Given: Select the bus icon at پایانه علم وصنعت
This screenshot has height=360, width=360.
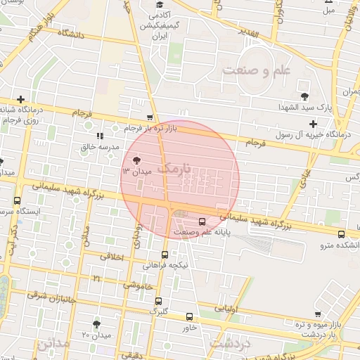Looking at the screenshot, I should click(202, 221).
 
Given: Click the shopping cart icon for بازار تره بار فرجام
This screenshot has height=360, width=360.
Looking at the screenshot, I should click(149, 118).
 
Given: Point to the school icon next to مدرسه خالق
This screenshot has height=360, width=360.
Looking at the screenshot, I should click(99, 135).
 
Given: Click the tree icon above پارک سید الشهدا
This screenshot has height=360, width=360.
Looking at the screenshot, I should click(304, 96).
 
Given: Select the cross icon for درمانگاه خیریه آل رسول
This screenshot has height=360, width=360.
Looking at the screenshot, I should click(314, 124).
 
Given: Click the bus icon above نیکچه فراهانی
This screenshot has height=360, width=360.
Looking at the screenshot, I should click(165, 255).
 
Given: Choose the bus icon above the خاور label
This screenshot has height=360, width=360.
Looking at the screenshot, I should click(188, 317).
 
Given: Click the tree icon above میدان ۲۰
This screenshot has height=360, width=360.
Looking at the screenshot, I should click(96, 324).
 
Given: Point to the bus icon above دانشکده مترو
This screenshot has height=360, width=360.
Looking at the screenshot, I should click(341, 234).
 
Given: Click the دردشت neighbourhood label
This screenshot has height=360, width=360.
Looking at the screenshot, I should click(228, 343).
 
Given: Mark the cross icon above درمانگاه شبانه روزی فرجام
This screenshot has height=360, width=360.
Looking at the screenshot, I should click(21, 99).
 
